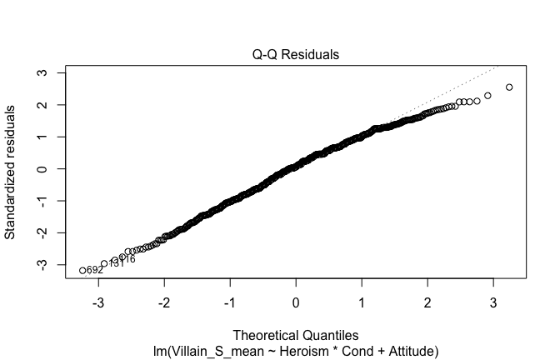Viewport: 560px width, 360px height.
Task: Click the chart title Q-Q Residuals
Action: point(296,55)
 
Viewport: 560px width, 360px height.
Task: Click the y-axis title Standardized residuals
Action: point(12,172)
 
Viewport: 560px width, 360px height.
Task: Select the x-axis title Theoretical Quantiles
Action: point(296,335)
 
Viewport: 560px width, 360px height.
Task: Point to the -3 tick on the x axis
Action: point(98,301)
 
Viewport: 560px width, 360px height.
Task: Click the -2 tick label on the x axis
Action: point(164,301)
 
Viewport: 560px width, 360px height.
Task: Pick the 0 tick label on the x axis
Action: point(296,301)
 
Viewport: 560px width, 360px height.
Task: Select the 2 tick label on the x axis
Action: point(427,301)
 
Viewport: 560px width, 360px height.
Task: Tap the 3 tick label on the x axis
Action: point(493,301)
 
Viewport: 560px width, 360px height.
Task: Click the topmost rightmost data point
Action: point(509,87)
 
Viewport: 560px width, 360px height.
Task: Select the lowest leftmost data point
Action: point(82,270)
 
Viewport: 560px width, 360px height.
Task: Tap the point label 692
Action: point(95,270)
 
